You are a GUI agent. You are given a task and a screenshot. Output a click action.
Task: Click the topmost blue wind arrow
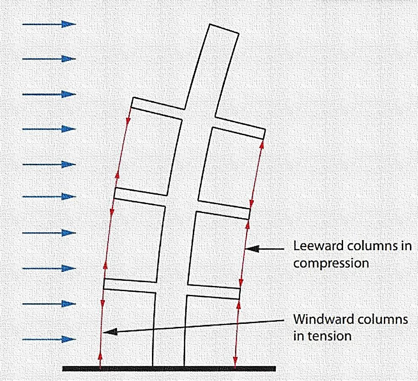click(49, 24)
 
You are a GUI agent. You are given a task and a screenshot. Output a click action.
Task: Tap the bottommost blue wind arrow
click(49, 339)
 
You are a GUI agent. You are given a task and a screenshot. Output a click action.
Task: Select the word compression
click(331, 263)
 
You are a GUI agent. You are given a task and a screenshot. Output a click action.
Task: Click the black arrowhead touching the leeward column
click(252, 248)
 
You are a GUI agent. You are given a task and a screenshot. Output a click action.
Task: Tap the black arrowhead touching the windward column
click(110, 331)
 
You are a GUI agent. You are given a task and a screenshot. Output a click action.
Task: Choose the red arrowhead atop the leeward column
click(261, 144)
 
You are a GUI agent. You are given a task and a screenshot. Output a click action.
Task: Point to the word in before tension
click(299, 336)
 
